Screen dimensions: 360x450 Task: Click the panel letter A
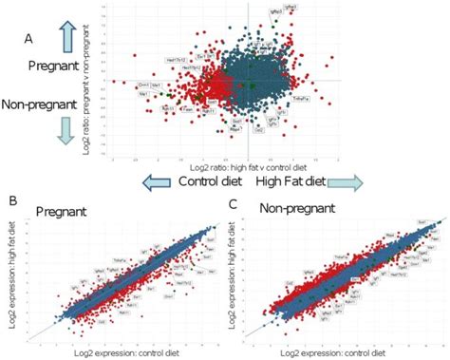[x=28, y=39]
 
